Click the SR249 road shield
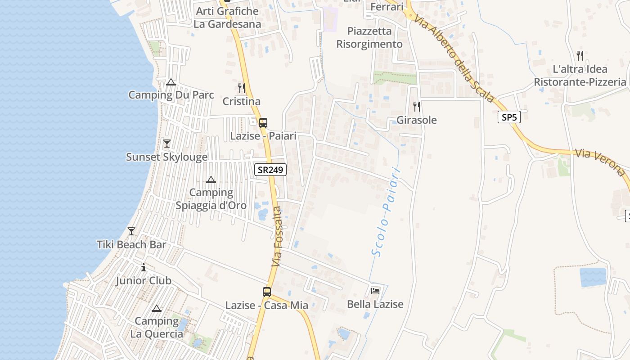tap(270, 170)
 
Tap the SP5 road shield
tap(509, 117)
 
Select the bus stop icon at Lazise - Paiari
tap(263, 122)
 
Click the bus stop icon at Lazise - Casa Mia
tap(267, 292)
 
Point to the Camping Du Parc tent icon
tap(171, 82)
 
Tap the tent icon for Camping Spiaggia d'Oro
tap(211, 180)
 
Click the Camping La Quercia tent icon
tap(156, 309)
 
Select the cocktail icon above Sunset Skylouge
tap(167, 144)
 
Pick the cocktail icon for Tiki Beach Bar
tap(131, 231)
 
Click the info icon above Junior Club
tap(144, 267)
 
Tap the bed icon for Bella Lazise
tap(375, 291)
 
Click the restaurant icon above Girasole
tap(417, 107)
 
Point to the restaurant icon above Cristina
tap(242, 88)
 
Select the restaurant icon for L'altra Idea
tap(580, 56)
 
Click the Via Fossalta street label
tap(277, 236)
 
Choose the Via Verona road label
tap(600, 162)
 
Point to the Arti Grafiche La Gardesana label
tap(227, 18)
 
